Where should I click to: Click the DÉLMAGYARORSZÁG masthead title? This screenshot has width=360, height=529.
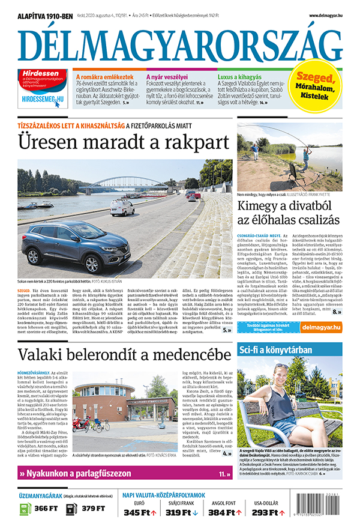[180, 43]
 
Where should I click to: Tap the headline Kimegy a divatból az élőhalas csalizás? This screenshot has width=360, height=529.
[289, 213]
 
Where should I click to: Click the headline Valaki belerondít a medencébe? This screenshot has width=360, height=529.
[125, 354]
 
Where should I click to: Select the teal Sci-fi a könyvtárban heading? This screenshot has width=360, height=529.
[275, 350]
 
